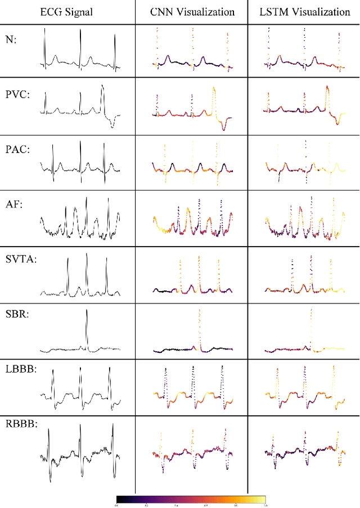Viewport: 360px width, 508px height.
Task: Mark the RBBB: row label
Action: click(19, 425)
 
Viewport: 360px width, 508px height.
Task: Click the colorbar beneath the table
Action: click(191, 499)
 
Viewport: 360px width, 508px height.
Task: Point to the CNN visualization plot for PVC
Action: click(191, 108)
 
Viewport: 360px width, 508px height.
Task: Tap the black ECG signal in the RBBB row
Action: click(80, 452)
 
